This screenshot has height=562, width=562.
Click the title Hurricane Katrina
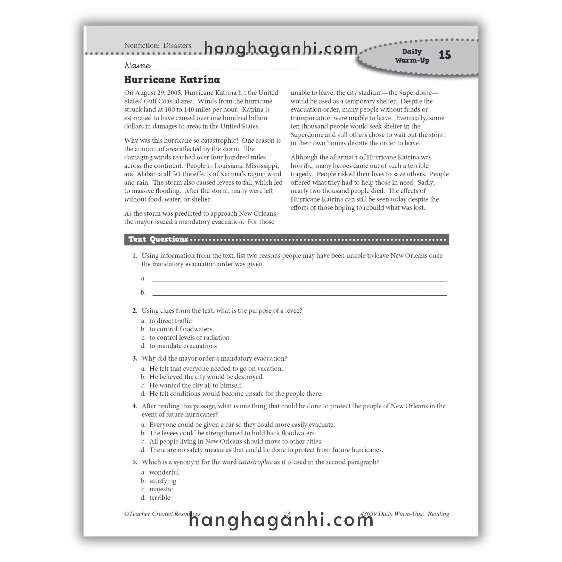pos(172,80)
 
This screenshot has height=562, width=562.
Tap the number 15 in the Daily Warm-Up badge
pos(445,55)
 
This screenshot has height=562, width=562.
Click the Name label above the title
pos(137,66)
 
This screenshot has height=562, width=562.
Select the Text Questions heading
pos(158,239)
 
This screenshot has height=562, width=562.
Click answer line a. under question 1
pos(300,279)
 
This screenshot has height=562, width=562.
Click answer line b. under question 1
pos(300,293)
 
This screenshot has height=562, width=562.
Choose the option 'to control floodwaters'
pos(181,329)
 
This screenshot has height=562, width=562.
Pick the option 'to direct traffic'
pos(170,321)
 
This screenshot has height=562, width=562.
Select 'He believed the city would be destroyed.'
pos(207,377)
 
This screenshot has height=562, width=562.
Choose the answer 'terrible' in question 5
pos(160,498)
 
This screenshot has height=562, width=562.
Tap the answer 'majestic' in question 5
pos(161,489)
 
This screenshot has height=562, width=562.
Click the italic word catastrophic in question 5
pos(255,462)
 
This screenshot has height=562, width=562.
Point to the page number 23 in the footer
pos(287,514)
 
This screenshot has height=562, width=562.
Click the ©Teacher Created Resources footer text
pos(162,514)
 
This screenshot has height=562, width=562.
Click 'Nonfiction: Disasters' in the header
pos(158,46)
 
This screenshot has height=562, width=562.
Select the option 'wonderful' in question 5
pos(164,473)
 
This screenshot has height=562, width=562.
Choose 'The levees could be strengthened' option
pos(232,433)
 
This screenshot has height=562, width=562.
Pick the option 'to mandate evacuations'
pos(183,346)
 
